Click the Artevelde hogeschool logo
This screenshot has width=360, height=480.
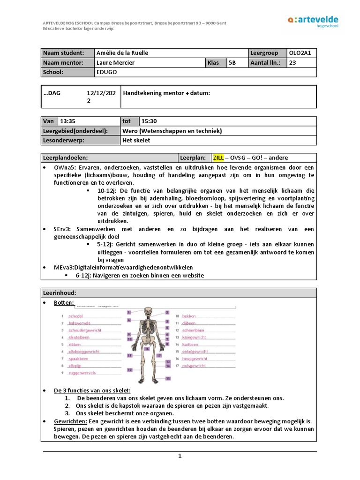313,22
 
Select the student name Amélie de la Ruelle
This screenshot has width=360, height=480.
122,53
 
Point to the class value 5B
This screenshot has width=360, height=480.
232,63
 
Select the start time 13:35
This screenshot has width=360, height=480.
68,121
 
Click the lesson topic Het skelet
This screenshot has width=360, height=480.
137,141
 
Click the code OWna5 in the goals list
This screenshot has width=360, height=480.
64,167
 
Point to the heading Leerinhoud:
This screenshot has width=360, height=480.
60,292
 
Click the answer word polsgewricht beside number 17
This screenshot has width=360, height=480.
195,366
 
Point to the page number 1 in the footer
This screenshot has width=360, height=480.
180,456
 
